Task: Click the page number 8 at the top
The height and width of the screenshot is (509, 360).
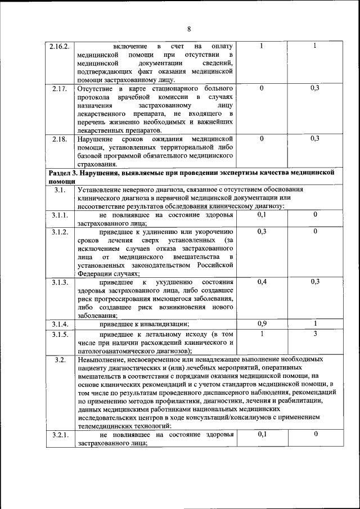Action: [190, 29]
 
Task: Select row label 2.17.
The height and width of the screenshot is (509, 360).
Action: [59, 89]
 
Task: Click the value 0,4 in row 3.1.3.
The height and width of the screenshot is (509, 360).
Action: [262, 281]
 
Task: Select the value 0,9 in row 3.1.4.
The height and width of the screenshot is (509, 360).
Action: [262, 323]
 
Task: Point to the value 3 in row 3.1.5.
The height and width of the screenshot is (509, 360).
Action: [316, 334]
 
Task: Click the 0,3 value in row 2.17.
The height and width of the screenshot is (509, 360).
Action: [316, 88]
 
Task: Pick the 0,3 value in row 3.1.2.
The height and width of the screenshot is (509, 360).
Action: [262, 232]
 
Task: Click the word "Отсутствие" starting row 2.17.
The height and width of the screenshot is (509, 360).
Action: [96, 89]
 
